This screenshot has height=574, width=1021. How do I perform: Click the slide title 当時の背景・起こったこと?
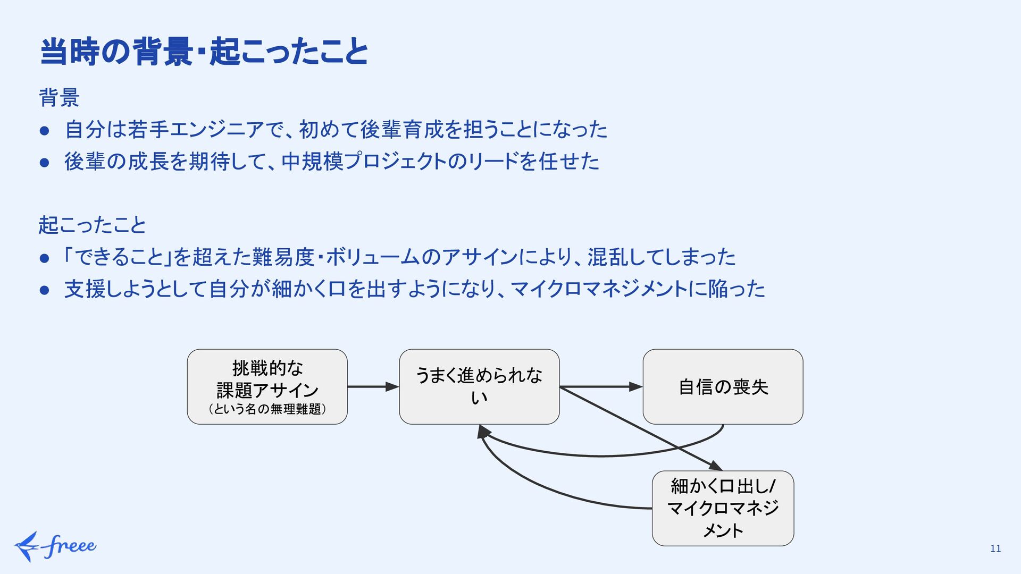coord(204,52)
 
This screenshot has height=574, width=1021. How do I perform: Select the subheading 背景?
coord(59,98)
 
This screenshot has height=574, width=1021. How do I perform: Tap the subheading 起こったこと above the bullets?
coord(92,225)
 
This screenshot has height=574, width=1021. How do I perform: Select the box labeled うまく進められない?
coord(479,386)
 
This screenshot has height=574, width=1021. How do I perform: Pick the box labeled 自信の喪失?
coord(723,386)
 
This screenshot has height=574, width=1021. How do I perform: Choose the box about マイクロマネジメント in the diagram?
coord(723,508)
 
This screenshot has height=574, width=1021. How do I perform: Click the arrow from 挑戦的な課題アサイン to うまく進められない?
coord(373,387)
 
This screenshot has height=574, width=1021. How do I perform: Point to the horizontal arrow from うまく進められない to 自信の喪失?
coord(601,387)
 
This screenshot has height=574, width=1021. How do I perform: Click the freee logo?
coord(55,546)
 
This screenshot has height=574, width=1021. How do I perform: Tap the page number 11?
coord(995,548)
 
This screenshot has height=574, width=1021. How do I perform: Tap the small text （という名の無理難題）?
coord(267,409)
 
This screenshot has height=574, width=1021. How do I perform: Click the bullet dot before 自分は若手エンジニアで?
coord(45,130)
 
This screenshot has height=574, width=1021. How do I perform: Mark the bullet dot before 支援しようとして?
coord(45,290)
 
